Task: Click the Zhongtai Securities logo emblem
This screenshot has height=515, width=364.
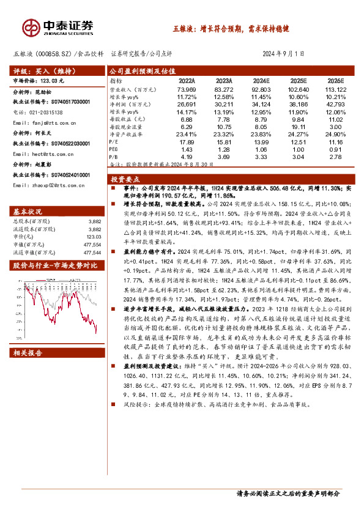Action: [31, 28]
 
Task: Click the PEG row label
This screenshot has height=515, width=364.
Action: [114, 149]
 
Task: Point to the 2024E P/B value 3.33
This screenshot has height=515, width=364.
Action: [260, 157]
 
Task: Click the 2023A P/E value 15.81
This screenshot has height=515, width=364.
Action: [225, 142]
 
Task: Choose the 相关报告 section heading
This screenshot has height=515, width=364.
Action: [26, 353]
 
